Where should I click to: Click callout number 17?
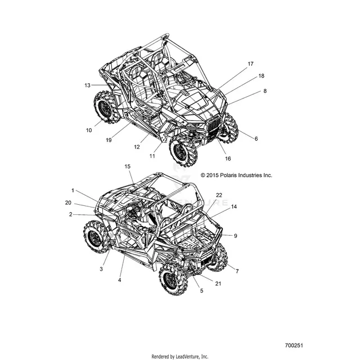(x=250, y=64)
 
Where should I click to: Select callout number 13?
(x=87, y=85)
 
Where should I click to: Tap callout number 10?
(x=89, y=130)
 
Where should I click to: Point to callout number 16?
(x=228, y=159)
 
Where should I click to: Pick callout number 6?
(x=256, y=138)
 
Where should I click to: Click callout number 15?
(x=128, y=166)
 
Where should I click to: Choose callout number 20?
(x=68, y=202)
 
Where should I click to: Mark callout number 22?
(x=219, y=195)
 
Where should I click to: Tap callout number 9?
(x=235, y=236)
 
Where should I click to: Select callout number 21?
(x=218, y=283)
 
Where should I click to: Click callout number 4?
(x=119, y=280)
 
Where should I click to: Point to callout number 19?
(x=109, y=140)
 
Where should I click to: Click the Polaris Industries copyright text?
(x=236, y=175)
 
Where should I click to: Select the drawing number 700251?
(x=294, y=345)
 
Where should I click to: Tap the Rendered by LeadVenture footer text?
(x=180, y=357)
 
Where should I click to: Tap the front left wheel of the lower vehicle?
(x=173, y=278)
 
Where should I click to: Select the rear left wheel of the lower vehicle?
(x=96, y=237)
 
